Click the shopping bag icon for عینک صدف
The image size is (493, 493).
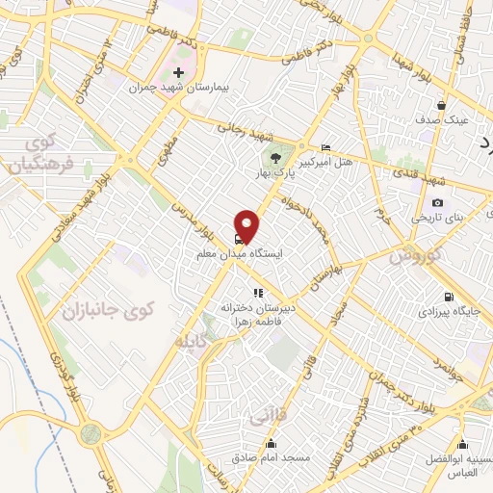(441, 106)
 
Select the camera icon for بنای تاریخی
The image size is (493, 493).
(438, 203)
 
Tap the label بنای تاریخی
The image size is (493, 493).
(438, 218)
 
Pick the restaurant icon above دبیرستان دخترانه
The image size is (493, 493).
(257, 292)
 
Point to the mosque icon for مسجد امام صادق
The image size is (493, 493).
(273, 444)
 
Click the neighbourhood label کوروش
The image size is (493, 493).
(415, 258)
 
